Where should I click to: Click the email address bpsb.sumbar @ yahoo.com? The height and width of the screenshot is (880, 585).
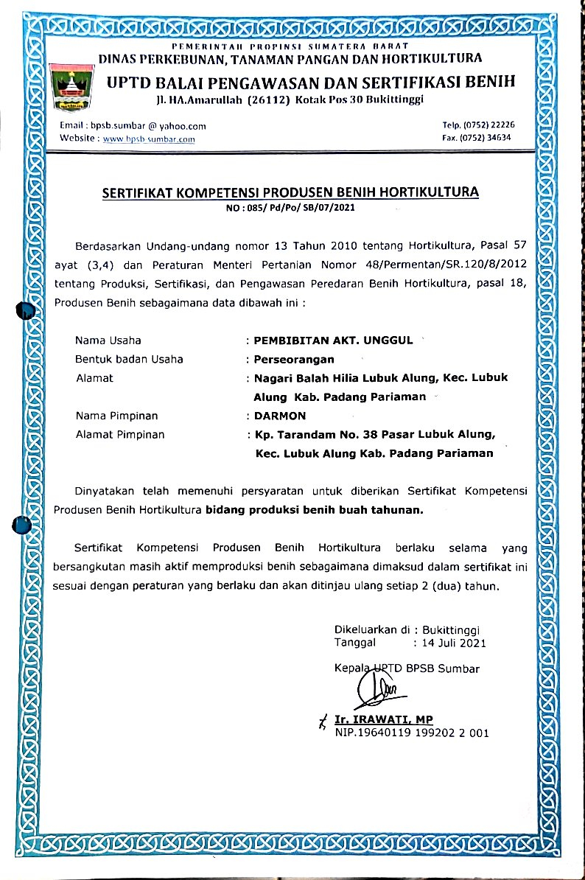pos(133,126)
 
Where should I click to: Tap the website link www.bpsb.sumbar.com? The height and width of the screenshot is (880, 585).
pos(150,139)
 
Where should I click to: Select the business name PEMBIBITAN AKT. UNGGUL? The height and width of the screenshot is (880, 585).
pos(334,341)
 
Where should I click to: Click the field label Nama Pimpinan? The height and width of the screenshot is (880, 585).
pos(116,416)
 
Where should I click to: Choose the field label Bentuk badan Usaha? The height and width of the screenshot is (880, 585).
pos(129,360)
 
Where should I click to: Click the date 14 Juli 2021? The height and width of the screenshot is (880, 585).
pos(453,643)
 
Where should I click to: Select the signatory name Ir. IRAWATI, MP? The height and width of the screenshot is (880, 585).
pos(384,719)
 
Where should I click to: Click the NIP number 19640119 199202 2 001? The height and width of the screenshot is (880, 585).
pos(426,733)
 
